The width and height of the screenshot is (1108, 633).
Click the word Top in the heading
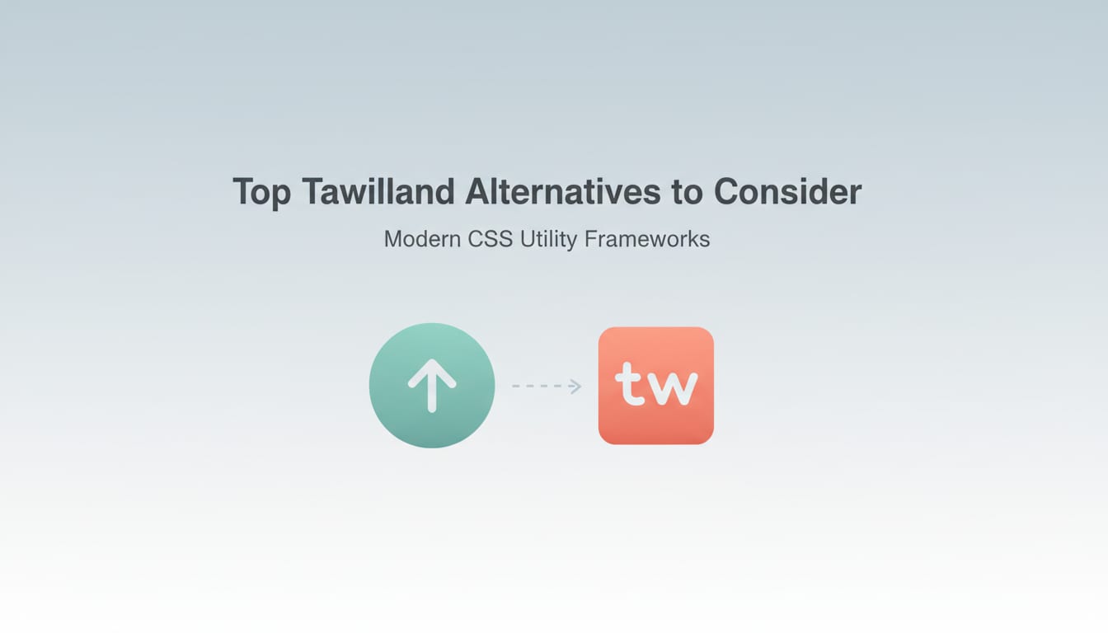point(261,193)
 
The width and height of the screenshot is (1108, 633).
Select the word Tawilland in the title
point(378,192)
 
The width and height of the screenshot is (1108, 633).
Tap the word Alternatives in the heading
point(562,192)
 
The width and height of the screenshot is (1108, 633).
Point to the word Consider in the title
point(787,192)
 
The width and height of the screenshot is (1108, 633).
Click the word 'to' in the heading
point(687,192)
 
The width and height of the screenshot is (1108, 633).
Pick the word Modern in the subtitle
point(421,239)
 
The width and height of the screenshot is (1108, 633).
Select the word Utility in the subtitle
point(548,239)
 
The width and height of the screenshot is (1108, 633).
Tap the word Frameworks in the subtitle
point(646,239)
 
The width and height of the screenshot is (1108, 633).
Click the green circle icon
point(432,386)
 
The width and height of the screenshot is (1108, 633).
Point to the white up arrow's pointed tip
point(432,361)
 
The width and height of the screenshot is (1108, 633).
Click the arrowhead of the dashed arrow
point(576,386)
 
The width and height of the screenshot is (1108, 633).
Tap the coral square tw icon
point(655,386)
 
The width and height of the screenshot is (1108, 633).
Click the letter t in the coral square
point(630,385)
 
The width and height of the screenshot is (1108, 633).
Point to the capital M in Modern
point(394,239)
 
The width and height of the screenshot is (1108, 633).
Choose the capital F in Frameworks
point(589,239)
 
